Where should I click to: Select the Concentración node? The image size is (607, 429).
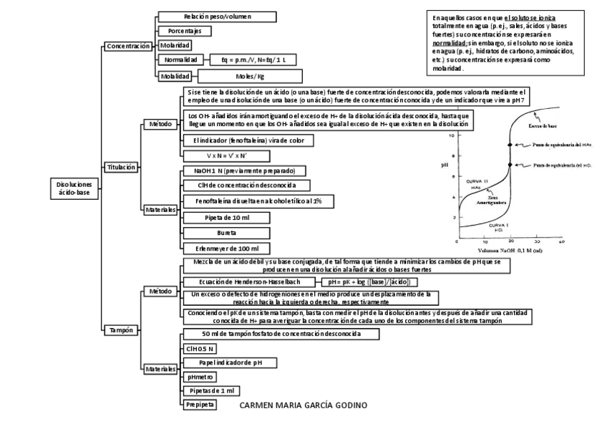[127, 46]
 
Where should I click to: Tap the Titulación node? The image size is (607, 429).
[120, 167]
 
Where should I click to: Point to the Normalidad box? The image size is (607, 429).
[181, 60]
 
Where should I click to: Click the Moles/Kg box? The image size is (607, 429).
[250, 75]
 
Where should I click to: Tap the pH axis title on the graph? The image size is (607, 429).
[445, 165]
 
